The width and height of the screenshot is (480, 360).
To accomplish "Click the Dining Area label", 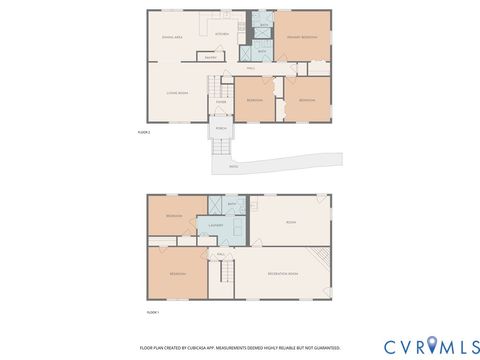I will click(x=171, y=36).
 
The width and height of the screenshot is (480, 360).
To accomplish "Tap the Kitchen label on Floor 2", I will click(x=221, y=34).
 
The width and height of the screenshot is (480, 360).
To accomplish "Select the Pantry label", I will click(x=211, y=58).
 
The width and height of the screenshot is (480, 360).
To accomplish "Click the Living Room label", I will click(x=178, y=92).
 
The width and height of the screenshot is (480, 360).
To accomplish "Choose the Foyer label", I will click(x=220, y=101).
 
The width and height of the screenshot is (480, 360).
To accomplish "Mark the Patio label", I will click(x=233, y=167).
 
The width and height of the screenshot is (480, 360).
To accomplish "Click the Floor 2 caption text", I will click(x=143, y=132).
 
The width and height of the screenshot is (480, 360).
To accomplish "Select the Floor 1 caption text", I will click(x=153, y=312).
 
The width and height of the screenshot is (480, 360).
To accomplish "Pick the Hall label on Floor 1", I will click(x=221, y=254).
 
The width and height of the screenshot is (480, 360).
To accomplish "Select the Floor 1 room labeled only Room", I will click(x=291, y=222).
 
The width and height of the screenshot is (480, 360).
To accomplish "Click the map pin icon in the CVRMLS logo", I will click(x=431, y=346).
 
